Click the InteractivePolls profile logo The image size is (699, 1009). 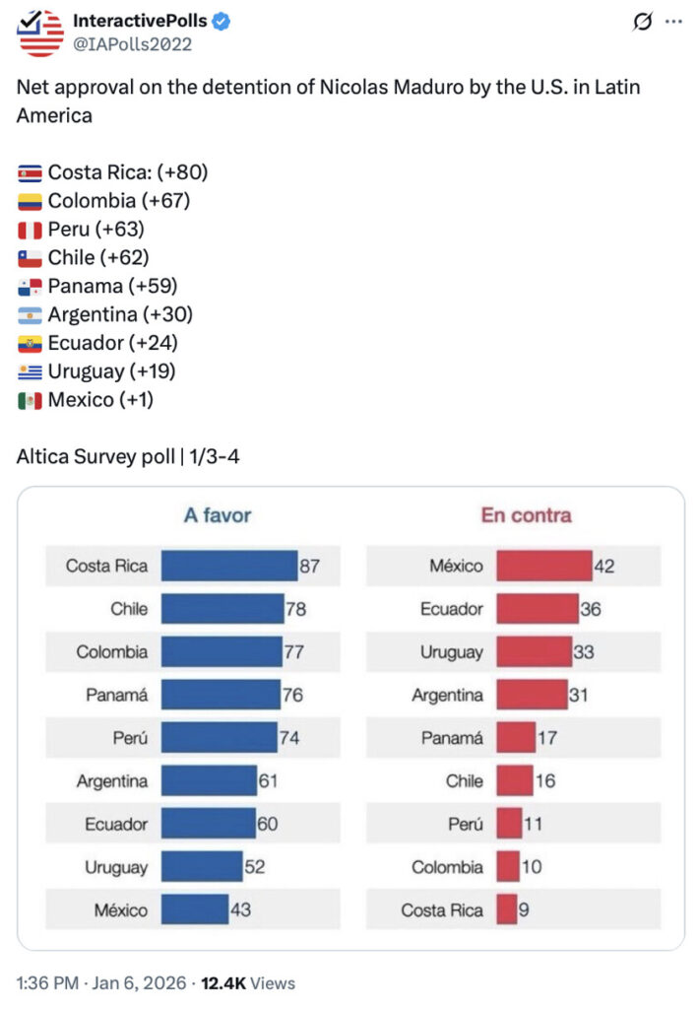40,33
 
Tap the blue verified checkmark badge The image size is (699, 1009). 222,22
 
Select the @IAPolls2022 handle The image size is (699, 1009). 133,44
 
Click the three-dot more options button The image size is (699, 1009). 673,23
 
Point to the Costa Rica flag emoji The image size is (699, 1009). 30,172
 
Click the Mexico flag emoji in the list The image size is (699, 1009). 30,401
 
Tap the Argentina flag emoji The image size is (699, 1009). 30,315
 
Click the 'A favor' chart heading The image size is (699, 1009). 218,514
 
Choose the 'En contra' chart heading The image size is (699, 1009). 526,514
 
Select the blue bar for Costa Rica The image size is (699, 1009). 228,566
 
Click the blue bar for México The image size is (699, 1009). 194,909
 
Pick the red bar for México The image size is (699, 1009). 543,566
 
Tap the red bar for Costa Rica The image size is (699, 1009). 506,909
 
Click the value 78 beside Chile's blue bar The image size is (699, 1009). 295,609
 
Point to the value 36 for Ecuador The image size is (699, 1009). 591,609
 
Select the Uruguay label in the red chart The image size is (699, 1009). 451,652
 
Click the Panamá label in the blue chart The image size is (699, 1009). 116,696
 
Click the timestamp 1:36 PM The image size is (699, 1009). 47,982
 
